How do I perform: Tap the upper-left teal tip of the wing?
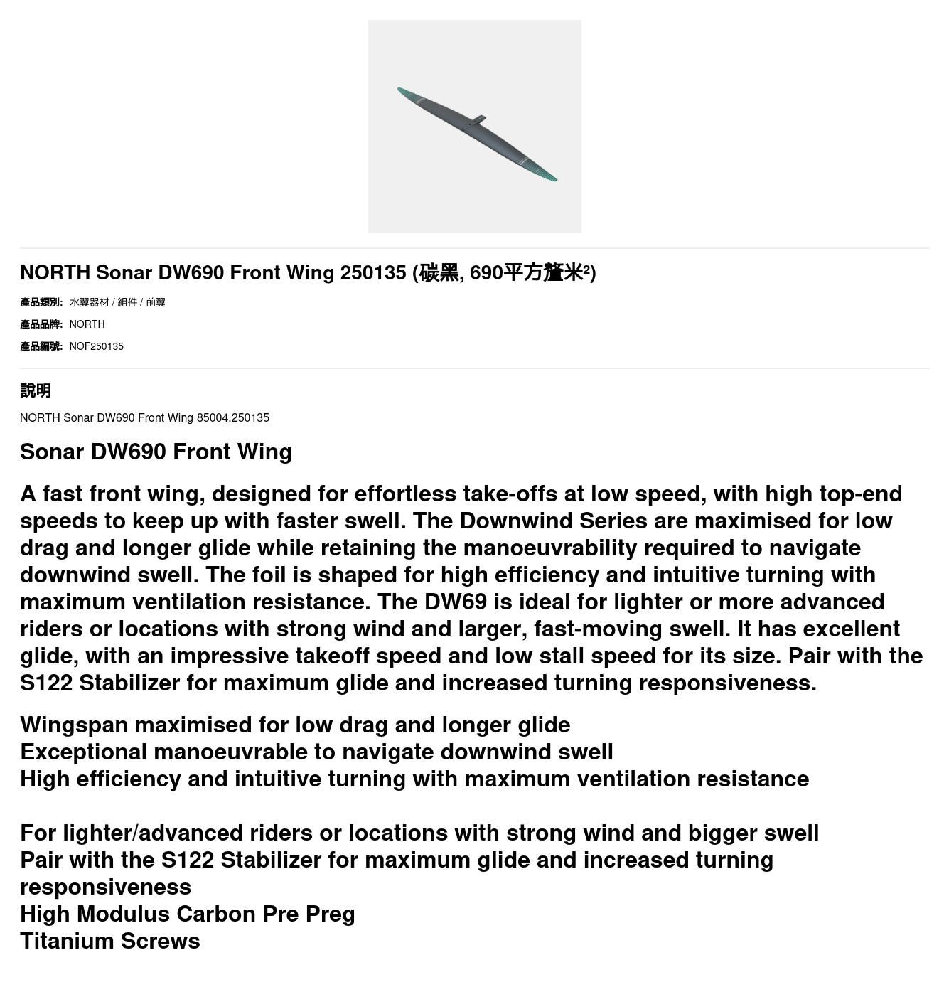[403, 91]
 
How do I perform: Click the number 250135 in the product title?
[372, 272]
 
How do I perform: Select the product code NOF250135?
[96, 346]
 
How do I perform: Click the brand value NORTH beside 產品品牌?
[87, 324]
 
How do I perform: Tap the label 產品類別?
[41, 302]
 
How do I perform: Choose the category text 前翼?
[156, 302]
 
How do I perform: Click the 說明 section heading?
[36, 390]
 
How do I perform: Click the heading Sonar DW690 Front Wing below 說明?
[156, 452]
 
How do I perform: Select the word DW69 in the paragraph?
[455, 602]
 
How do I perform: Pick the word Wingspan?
[74, 725]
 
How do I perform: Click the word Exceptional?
[84, 752]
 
